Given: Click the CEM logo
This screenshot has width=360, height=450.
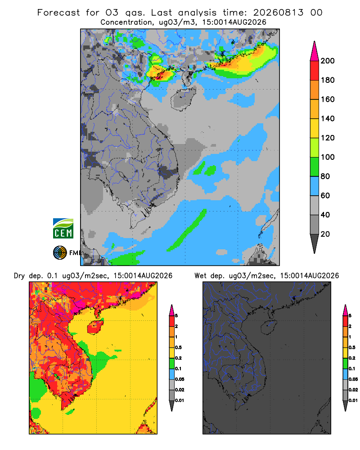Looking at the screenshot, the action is tap(63, 228).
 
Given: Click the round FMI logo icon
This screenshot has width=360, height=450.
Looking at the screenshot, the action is tap(60, 253).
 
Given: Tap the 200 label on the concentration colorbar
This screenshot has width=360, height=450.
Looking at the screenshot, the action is tap(328, 61).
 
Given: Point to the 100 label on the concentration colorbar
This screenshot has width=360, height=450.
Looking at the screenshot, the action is tap(328, 157).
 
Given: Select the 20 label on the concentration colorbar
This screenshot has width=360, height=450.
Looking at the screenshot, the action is tap(325, 234).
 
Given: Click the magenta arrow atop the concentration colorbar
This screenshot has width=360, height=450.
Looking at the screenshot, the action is tap(315, 51).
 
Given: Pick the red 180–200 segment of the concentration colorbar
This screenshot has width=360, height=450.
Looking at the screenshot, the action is tap(315, 70).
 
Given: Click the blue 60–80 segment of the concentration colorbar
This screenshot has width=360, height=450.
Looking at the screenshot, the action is tap(315, 186).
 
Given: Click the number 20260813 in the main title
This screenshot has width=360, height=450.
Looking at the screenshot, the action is tap(278, 13).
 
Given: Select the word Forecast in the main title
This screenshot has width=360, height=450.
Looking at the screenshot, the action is tap(58, 13).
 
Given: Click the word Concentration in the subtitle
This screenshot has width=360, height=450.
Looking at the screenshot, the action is tap(126, 22).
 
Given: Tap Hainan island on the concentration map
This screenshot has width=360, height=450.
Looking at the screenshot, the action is tap(183, 99).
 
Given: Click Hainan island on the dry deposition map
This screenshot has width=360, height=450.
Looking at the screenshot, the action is tap(95, 328).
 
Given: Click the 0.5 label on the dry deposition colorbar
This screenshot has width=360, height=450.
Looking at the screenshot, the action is tap(178, 347).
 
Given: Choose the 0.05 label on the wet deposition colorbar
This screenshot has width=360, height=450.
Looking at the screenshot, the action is tap(353, 379).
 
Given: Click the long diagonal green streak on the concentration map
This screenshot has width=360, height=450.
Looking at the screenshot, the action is tap(187, 230).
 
